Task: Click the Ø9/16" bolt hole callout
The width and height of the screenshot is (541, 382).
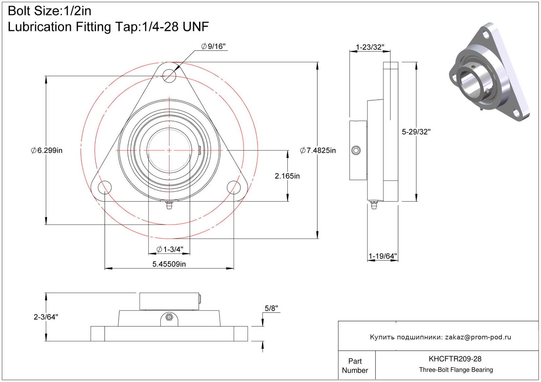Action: pos(214,47)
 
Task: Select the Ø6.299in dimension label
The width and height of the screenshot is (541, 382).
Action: pos(47,151)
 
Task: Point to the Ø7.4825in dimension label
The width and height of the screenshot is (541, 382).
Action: pos(318,151)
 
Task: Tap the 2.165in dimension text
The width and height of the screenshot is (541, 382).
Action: pos(287,176)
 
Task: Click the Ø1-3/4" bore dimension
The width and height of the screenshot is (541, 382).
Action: pos(170,250)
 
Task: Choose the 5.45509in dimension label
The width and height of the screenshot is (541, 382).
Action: pos(169,264)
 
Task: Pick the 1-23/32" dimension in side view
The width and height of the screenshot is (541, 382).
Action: pos(370,47)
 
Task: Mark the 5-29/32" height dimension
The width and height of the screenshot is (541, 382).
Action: pos(416,132)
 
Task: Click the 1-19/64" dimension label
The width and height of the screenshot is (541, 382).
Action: pos(383,256)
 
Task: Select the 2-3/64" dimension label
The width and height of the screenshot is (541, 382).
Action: pos(46,317)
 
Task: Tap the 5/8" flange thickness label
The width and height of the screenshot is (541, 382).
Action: pos(271,309)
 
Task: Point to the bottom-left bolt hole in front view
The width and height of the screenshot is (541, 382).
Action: pos(105,187)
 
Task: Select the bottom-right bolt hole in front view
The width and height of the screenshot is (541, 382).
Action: pos(234,187)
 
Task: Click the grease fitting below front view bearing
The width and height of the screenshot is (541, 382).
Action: pos(169,206)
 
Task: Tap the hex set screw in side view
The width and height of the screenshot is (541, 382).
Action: pos(356,151)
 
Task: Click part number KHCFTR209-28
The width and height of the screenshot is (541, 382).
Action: pos(455,359)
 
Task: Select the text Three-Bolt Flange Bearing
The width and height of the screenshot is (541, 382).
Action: pos(456,370)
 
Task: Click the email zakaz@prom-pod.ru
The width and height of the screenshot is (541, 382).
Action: pos(478,337)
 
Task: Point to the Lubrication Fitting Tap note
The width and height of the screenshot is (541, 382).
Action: pos(108,27)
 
